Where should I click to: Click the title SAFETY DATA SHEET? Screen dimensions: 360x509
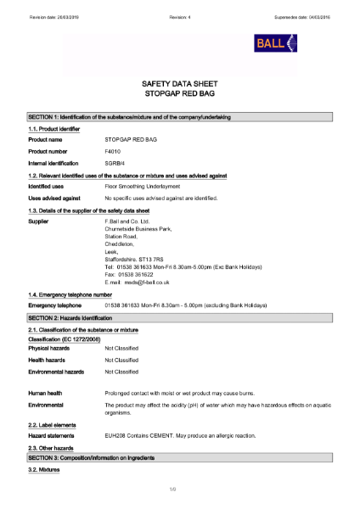pyautogui.click(x=180, y=84)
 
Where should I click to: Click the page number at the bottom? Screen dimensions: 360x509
pyautogui.click(x=180, y=489)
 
